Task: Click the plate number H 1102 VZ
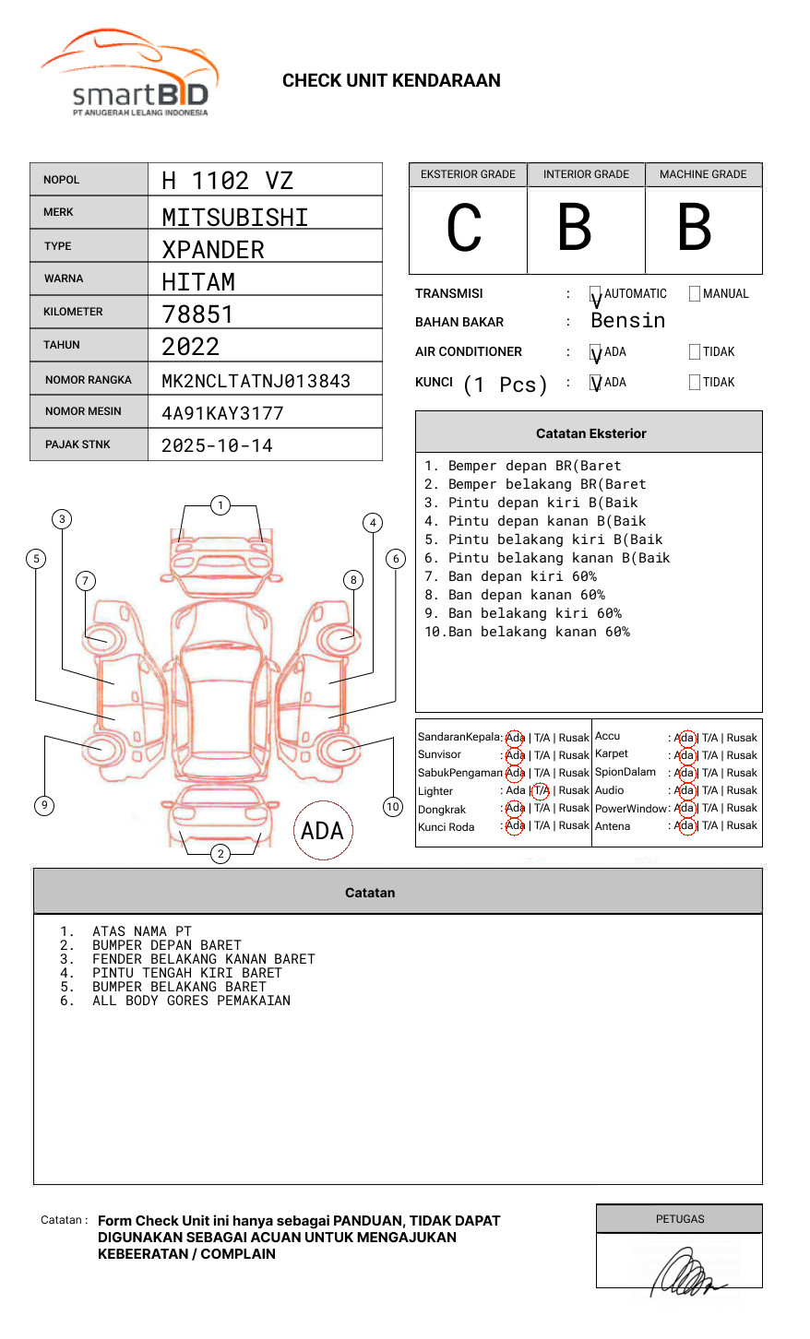227,181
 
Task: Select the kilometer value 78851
197,314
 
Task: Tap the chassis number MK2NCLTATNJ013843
256,381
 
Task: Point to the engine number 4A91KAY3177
222,413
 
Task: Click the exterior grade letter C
464,229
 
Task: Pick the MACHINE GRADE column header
703,174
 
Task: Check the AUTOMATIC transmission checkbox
596,294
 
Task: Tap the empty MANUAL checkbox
695,294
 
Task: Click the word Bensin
627,321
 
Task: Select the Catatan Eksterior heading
590,433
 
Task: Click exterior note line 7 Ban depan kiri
510,576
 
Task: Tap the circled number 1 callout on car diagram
220,505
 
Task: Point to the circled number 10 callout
393,807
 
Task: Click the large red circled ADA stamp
322,831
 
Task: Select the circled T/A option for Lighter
541,790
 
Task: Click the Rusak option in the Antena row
742,825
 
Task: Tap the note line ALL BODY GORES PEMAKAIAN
191,1001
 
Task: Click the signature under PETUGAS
685,1272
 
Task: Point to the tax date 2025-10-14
217,446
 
